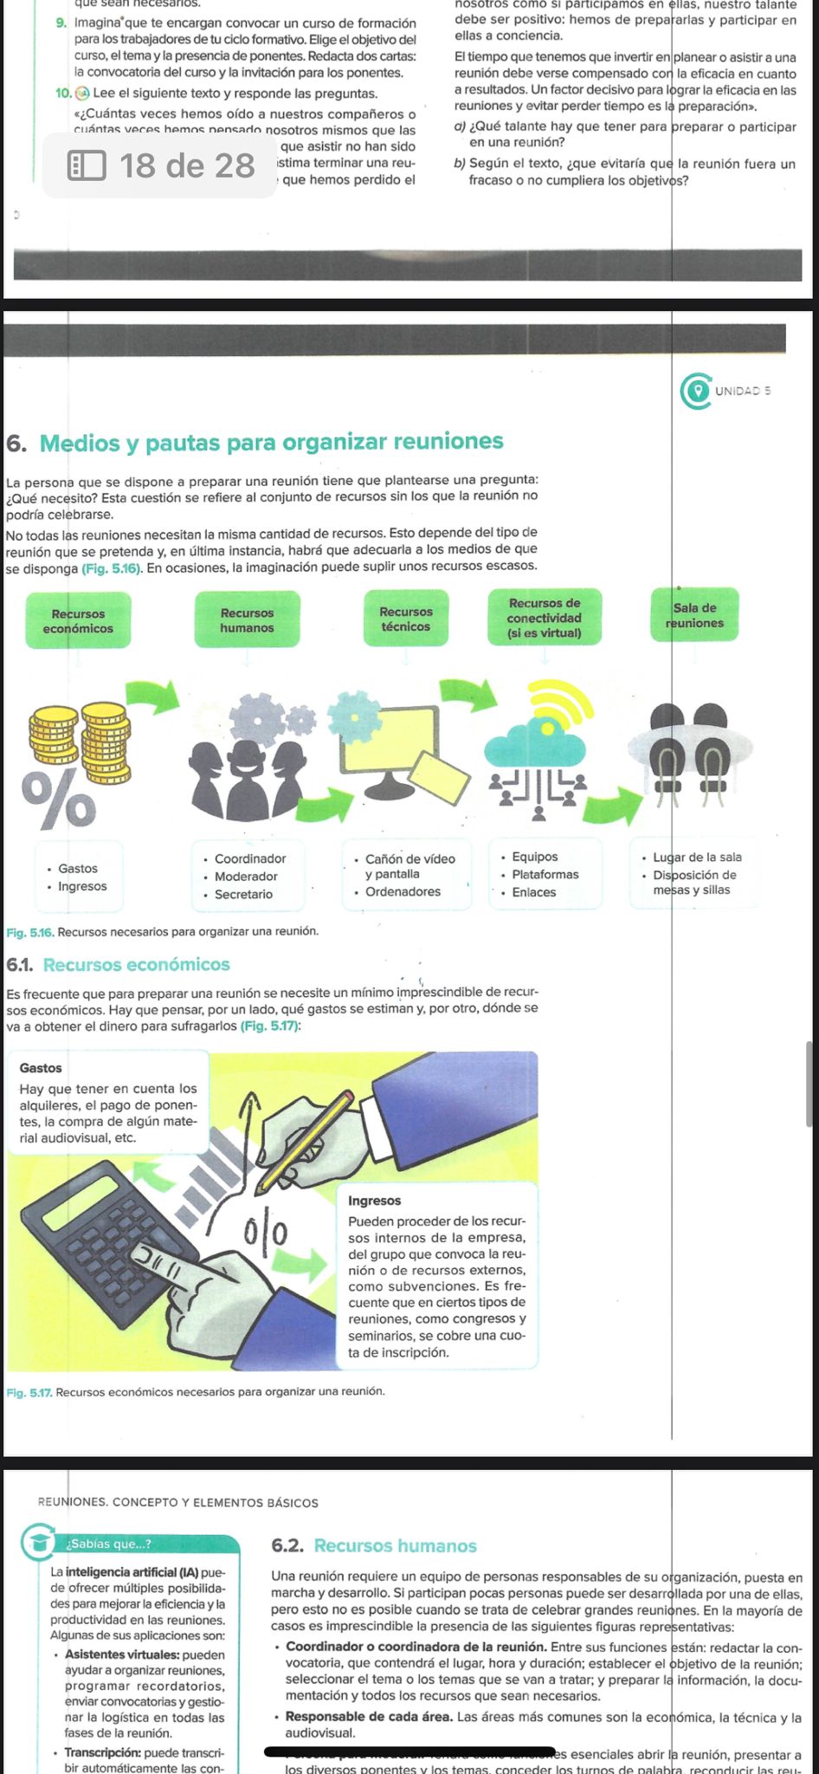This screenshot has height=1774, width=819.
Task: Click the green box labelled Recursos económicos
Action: pos(78,620)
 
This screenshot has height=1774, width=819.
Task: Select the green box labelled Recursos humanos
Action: pos(247,619)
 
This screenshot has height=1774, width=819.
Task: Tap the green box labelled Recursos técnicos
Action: pos(405,618)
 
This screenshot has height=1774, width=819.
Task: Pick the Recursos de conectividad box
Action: pos(545,618)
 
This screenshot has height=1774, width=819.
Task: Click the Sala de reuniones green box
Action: pos(694,615)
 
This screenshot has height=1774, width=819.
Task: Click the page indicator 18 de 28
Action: pos(163,165)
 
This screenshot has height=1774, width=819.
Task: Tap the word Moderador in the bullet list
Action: pos(246,877)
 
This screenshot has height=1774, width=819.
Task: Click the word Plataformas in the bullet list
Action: pos(545,874)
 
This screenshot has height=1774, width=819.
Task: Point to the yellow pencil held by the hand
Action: pos(305,1142)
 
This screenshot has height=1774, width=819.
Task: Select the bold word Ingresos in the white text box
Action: pos(374,1201)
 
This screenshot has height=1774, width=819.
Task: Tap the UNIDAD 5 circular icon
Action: pos(695,391)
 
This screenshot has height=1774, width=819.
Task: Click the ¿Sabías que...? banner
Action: pos(130,1544)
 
